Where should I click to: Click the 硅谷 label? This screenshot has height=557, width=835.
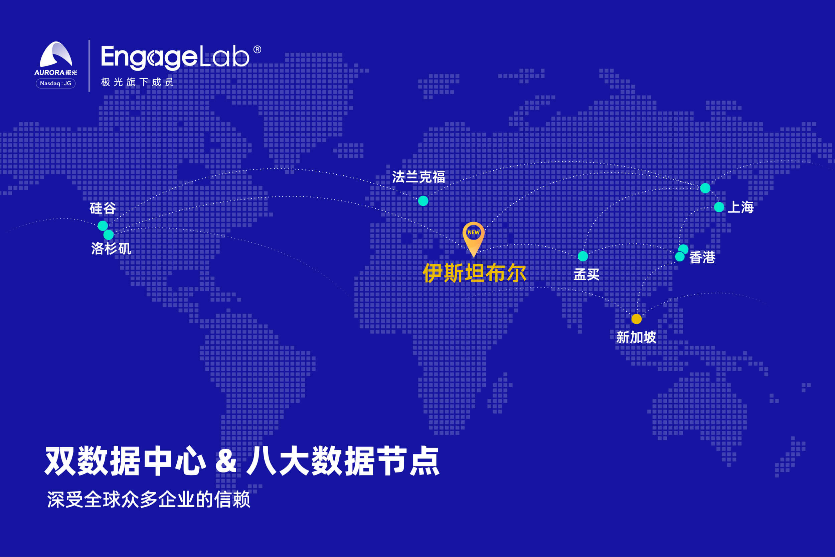point(103,208)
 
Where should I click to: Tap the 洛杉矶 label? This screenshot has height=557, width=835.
point(111,248)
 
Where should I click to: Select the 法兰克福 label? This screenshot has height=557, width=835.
point(419,177)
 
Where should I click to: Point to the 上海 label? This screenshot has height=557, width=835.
point(740,207)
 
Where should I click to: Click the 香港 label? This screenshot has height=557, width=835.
point(702,257)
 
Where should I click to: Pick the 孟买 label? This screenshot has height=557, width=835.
point(587,274)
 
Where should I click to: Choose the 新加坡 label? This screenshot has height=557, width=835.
point(636,337)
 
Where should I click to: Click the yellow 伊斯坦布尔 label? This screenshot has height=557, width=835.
point(474,273)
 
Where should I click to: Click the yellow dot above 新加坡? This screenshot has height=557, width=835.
point(637,319)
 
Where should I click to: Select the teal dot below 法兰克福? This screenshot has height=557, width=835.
point(423,201)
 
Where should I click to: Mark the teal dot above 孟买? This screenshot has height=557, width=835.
point(583,256)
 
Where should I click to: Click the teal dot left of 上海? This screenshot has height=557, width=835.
point(719,207)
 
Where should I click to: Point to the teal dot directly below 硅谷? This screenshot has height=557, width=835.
point(103,226)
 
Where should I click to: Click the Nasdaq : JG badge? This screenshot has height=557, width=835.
point(56,84)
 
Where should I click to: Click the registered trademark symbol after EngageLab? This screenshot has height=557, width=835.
point(258,49)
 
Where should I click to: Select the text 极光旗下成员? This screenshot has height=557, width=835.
point(137,82)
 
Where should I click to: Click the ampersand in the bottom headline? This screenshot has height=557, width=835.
point(226,461)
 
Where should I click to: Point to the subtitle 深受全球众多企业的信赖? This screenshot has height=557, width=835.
point(149,500)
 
